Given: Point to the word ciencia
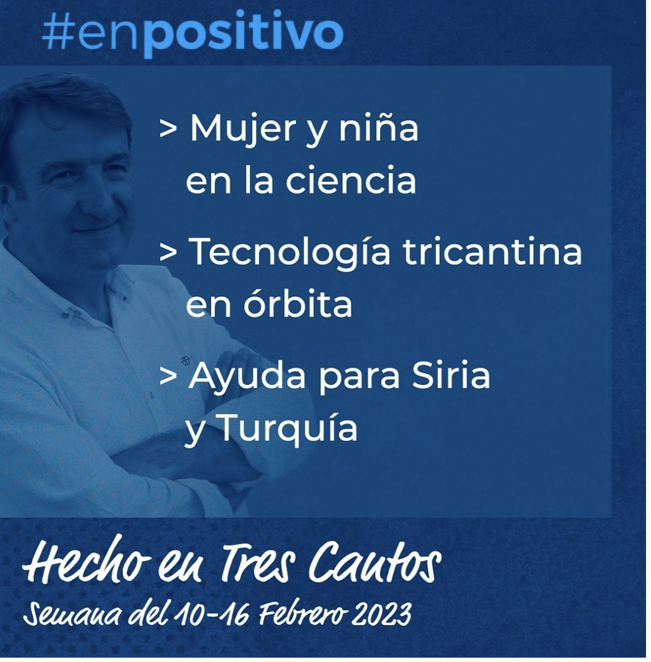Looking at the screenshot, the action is click(351, 179).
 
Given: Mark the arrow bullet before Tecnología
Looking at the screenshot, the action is click(168, 252).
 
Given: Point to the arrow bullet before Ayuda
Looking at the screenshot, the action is click(168, 376).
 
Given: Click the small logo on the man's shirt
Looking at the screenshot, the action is click(185, 361).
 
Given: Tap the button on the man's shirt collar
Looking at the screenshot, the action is click(65, 314).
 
